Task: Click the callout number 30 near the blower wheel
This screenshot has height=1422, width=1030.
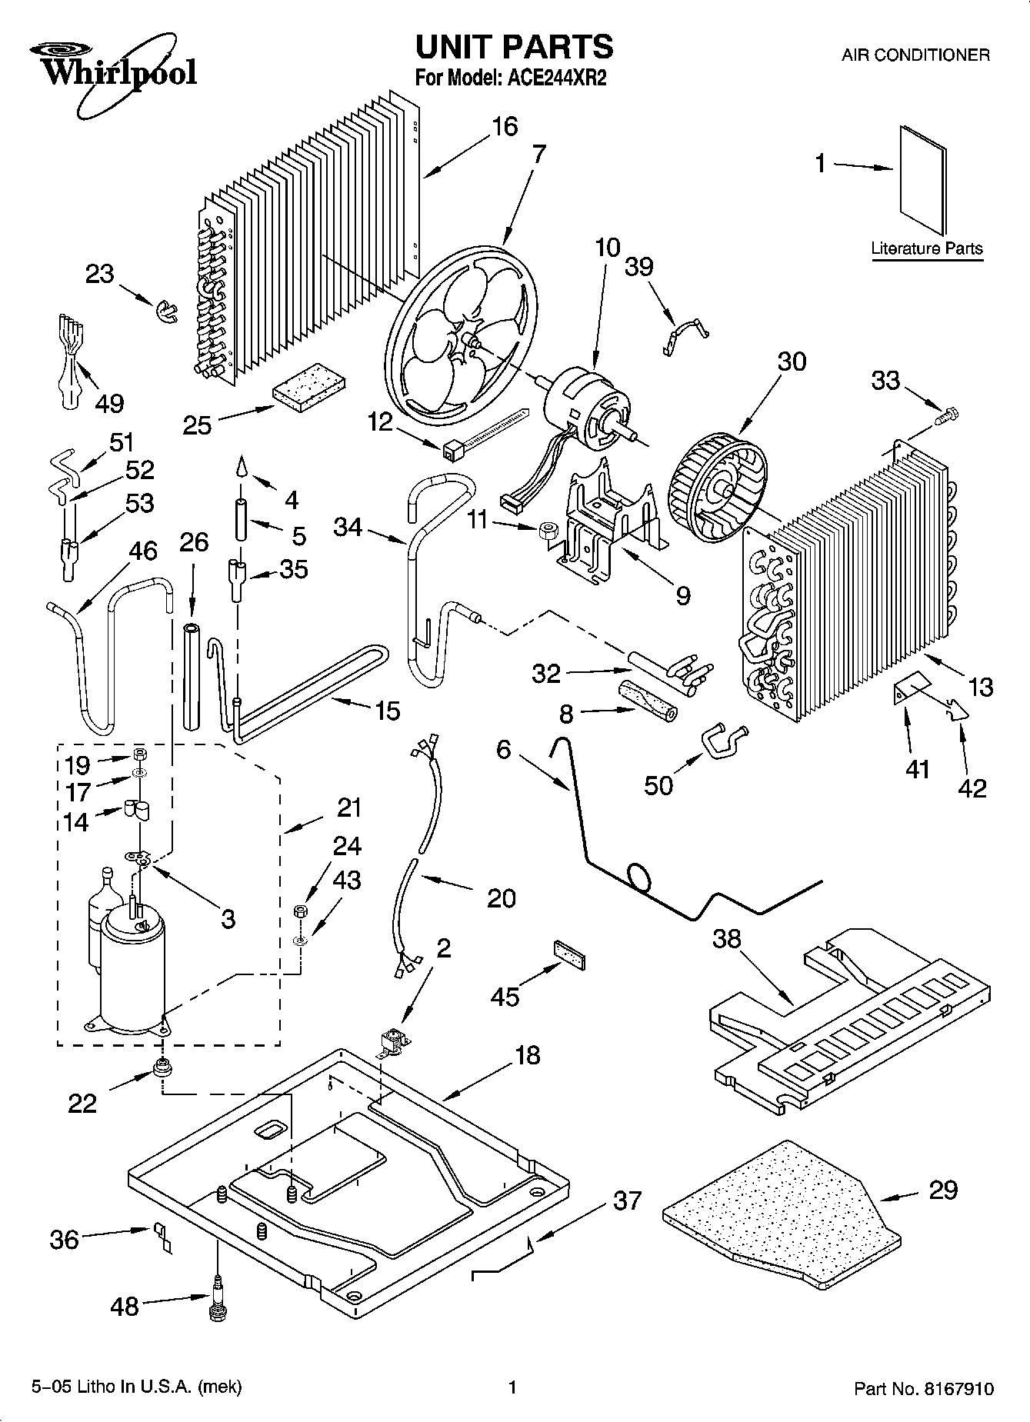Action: pyautogui.click(x=792, y=361)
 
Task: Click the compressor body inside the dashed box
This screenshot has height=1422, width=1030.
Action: pyautogui.click(x=132, y=969)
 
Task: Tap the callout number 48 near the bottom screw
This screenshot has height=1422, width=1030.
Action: pyautogui.click(x=125, y=1307)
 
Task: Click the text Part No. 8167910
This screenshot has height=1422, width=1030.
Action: pyautogui.click(x=924, y=1389)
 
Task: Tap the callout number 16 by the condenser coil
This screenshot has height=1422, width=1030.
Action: pyautogui.click(x=505, y=125)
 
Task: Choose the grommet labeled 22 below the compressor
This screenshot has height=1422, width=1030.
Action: pyautogui.click(x=162, y=1067)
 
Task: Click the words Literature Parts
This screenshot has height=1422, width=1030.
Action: pyautogui.click(x=926, y=248)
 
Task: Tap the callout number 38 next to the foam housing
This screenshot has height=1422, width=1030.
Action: pyautogui.click(x=726, y=938)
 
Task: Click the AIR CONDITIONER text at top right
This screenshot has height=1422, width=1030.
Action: pyautogui.click(x=915, y=55)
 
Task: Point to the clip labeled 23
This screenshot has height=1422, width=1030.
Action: pyautogui.click(x=165, y=311)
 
